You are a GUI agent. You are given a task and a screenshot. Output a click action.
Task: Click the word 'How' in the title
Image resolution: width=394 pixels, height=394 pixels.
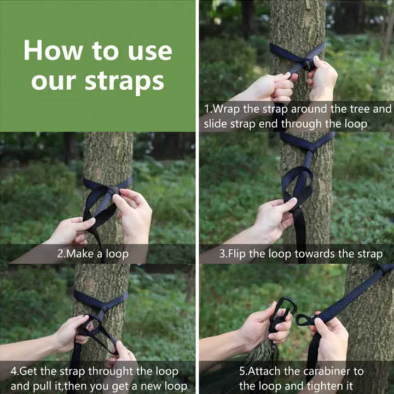(x=53, y=50)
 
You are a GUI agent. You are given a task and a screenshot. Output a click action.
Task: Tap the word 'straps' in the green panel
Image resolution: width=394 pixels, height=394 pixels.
(x=124, y=82)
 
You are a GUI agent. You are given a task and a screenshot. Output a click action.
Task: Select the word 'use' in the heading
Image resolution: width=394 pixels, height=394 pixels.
(x=150, y=53)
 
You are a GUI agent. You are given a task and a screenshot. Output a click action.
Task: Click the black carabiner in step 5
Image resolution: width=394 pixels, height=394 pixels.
(x=283, y=314)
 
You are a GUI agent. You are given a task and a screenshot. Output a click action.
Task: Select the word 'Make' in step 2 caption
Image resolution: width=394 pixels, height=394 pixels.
(x=80, y=254)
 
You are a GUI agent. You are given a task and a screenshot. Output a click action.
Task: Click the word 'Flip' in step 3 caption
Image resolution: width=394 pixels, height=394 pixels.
(x=237, y=254)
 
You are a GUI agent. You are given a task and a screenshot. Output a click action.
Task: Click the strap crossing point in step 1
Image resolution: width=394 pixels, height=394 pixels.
(x=308, y=65)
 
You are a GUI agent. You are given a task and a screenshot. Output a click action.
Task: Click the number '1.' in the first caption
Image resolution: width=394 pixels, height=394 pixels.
(x=208, y=109)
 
